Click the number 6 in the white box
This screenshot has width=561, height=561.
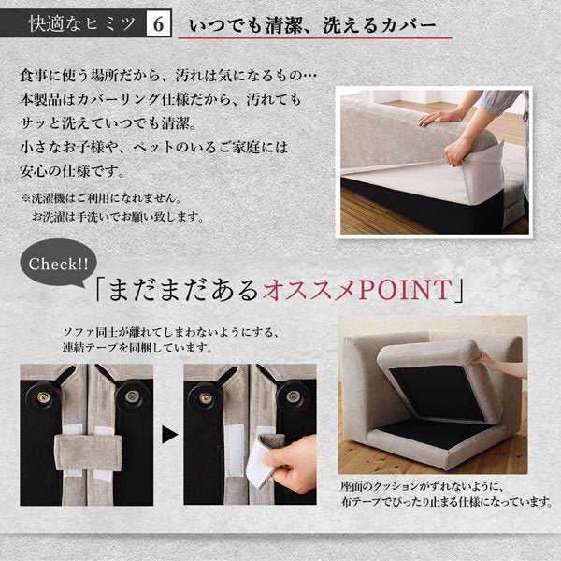coord(158,23)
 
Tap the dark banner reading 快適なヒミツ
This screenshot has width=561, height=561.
coord(73,23)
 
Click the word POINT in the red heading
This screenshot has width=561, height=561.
coord(406,290)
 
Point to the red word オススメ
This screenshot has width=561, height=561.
coord(309,290)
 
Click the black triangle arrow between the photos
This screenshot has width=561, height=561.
coord(169,435)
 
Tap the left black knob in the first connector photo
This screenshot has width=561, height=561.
coord(44,397)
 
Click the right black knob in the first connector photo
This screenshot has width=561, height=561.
coord(130,396)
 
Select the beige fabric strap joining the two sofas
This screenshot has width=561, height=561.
coord(88,453)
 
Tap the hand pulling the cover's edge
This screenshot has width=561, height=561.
coord(456,151)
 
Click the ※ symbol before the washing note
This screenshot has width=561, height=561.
coord(26,198)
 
